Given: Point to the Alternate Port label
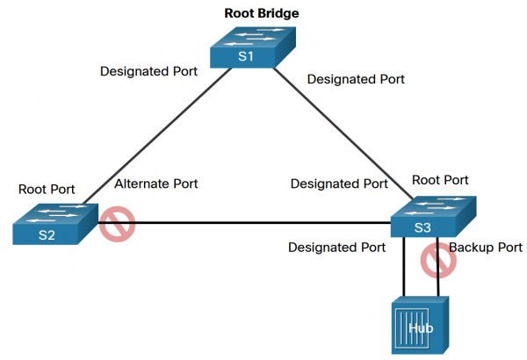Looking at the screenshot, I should [x=156, y=184].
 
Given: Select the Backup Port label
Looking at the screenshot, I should [x=486, y=248].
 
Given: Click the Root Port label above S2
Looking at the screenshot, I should [x=47, y=189].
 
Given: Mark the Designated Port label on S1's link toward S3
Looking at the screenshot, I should [x=356, y=79].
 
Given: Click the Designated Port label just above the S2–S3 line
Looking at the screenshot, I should [x=339, y=184].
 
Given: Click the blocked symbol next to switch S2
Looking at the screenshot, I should [x=115, y=224].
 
